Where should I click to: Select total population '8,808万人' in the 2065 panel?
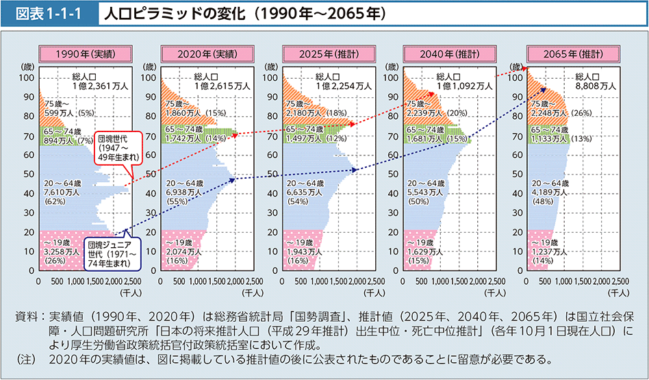tap(596, 86)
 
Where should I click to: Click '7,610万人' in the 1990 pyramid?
tap(58, 194)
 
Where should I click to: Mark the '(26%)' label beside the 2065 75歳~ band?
tap(582, 112)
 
